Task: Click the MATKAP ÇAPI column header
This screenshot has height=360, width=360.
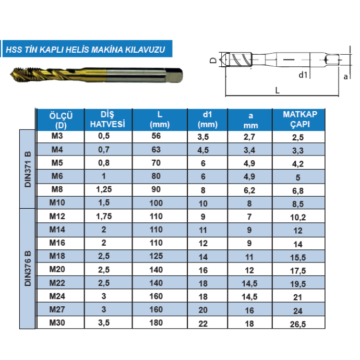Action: [300, 119]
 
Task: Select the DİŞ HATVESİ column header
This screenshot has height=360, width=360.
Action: [107, 119]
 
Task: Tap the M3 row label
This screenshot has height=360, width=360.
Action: [57, 136]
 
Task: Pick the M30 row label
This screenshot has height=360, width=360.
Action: [57, 322]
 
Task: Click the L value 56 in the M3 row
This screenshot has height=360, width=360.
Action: [156, 136]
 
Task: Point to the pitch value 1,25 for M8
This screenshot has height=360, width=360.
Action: [104, 189]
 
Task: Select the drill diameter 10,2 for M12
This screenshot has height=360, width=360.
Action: [298, 217]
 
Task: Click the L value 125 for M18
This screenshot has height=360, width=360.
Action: [156, 256]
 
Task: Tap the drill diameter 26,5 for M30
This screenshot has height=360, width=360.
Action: [298, 324]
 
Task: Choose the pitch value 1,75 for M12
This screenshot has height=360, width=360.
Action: [104, 217]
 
